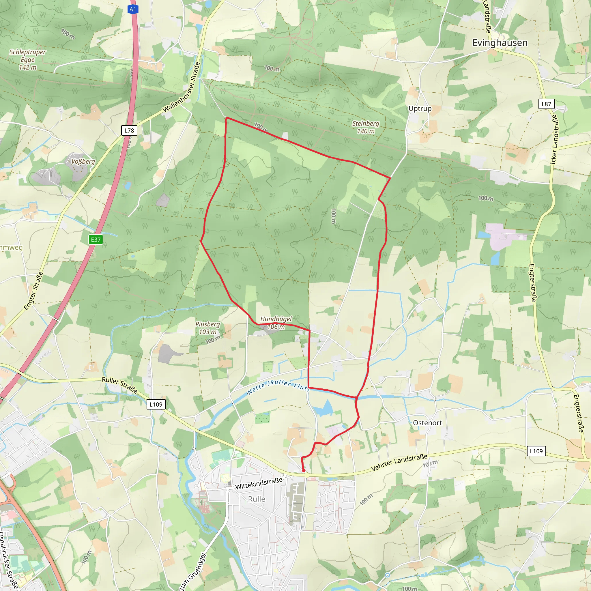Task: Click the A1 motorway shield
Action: pyautogui.click(x=133, y=10)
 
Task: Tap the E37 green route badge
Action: pyautogui.click(x=96, y=240)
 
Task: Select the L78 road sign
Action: pyautogui.click(x=129, y=130)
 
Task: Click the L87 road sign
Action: pyautogui.click(x=546, y=104)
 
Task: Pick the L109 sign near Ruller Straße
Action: pyautogui.click(x=156, y=404)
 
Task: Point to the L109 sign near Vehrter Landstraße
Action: pyautogui.click(x=536, y=451)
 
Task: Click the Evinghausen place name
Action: pyautogui.click(x=500, y=43)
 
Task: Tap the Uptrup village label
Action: pyautogui.click(x=420, y=109)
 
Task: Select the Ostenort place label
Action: pyautogui.click(x=427, y=423)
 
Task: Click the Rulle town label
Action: pyautogui.click(x=256, y=499)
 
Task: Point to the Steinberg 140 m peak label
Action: pyautogui.click(x=366, y=127)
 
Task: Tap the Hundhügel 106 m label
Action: pyautogui.click(x=276, y=323)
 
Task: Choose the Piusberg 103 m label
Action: pyautogui.click(x=208, y=328)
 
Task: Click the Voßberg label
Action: pyautogui.click(x=83, y=161)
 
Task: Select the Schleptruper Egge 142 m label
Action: pyautogui.click(x=27, y=60)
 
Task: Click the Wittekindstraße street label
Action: pyautogui.click(x=259, y=483)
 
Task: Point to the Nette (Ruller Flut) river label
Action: pyautogui.click(x=278, y=386)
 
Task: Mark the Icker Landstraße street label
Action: pyautogui.click(x=554, y=139)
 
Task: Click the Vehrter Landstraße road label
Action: pyautogui.click(x=399, y=463)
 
